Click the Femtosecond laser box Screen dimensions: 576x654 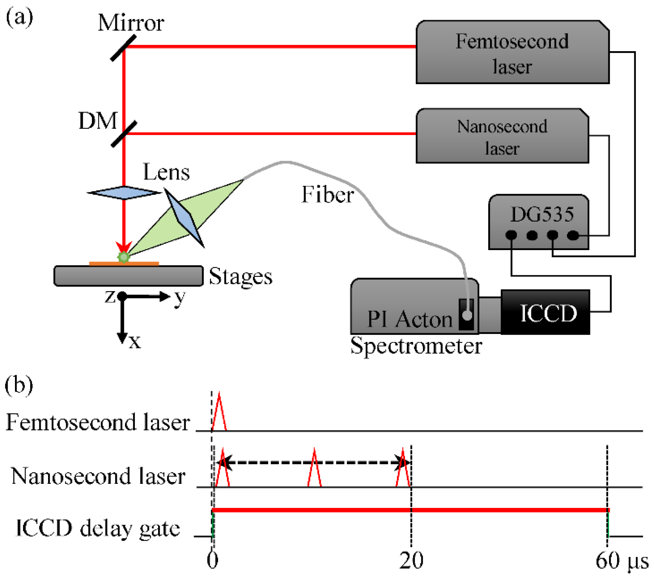click(x=512, y=52)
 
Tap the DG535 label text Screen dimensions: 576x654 click(x=542, y=214)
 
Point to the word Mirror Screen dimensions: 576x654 click(x=131, y=23)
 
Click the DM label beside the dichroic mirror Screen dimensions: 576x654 click(x=98, y=121)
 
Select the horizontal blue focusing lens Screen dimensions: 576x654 click(x=124, y=192)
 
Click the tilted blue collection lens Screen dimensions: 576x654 click(x=184, y=217)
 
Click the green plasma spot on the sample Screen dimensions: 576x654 click(x=123, y=257)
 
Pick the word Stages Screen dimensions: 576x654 click(x=240, y=277)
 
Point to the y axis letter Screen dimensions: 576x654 click(x=180, y=297)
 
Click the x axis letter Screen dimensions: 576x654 click(x=135, y=342)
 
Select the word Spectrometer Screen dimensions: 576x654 click(x=416, y=346)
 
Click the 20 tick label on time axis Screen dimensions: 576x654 click(x=411, y=560)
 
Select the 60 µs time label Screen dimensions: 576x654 click(x=622, y=560)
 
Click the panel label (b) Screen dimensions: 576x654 click(x=19, y=385)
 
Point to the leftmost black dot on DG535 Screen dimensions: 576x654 click(x=511, y=235)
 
